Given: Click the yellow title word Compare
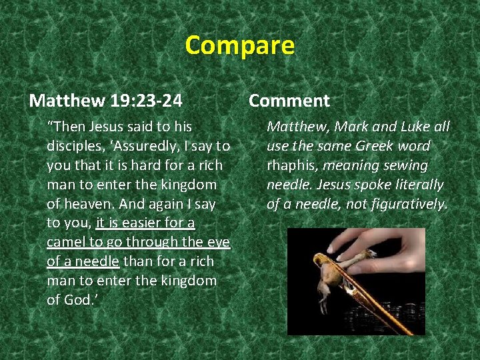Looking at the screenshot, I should pos(239,45).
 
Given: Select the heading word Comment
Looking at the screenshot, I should pos(289,101).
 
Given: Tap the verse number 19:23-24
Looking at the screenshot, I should pos(145,101).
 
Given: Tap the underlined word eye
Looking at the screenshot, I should pos(218,242).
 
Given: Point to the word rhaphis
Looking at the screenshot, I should pos(290,165).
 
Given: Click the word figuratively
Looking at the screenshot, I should pos(408,203).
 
